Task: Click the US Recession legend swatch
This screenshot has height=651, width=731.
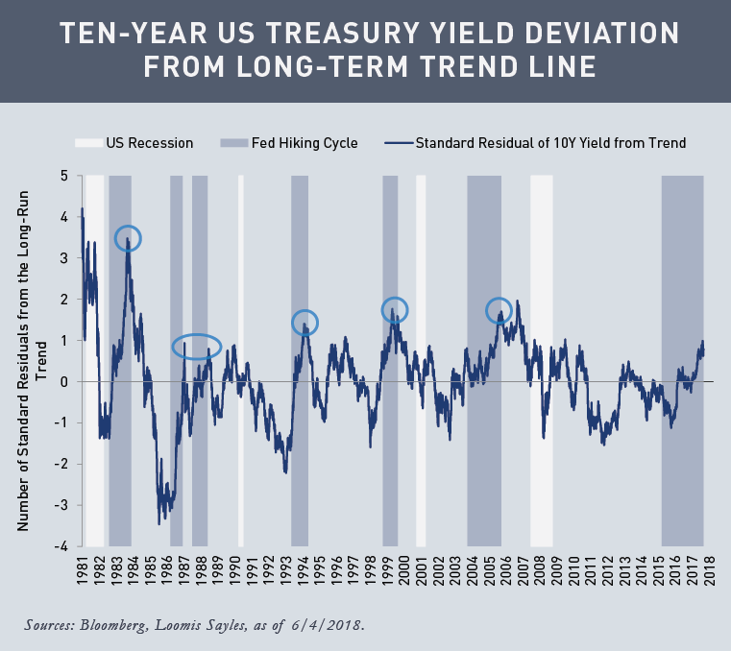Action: click(87, 143)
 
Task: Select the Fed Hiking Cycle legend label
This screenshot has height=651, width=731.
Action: click(311, 143)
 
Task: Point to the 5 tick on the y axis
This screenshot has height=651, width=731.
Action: click(63, 176)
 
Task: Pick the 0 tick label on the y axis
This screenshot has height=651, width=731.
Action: click(63, 381)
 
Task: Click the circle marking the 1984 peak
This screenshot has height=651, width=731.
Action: click(128, 238)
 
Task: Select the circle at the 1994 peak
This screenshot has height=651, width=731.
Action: click(305, 323)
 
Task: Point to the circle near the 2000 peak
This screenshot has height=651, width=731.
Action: click(395, 309)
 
